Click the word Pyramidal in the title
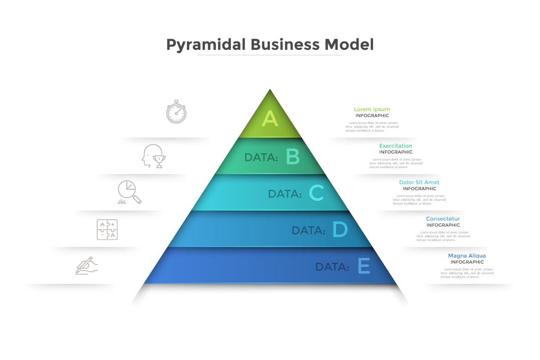pyautogui.click(x=206, y=45)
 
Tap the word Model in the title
pyautogui.click(x=349, y=45)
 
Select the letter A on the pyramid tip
pyautogui.click(x=270, y=119)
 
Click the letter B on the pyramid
pyautogui.click(x=293, y=157)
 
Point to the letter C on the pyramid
pyautogui.click(x=316, y=193)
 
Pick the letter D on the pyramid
pyautogui.click(x=340, y=229)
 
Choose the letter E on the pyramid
pyautogui.click(x=364, y=266)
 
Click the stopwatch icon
pyautogui.click(x=176, y=112)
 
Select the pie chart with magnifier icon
pyautogui.click(x=129, y=192)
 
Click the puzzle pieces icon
pyautogui.click(x=107, y=229)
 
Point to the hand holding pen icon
pyautogui.click(x=87, y=266)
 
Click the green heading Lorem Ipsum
pyautogui.click(x=372, y=109)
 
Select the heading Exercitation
pyautogui.click(x=396, y=146)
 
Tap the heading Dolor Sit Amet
pyautogui.click(x=419, y=182)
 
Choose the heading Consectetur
pyautogui.click(x=443, y=219)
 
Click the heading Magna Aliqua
pyautogui.click(x=467, y=256)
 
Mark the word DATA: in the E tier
pyautogui.click(x=332, y=267)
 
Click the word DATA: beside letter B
pyautogui.click(x=261, y=157)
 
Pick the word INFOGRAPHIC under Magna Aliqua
pyautogui.click(x=467, y=262)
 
